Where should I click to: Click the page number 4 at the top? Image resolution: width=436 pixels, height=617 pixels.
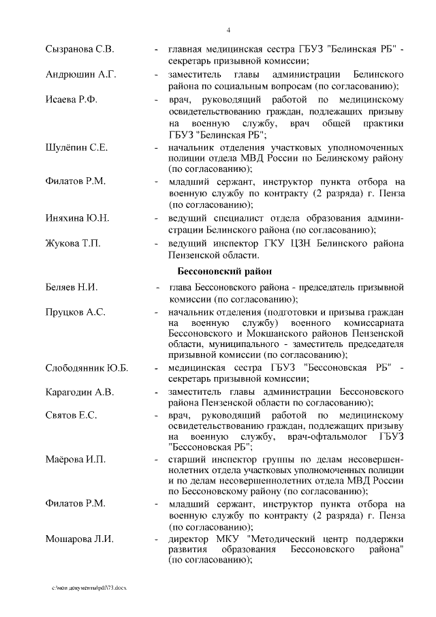[229, 30]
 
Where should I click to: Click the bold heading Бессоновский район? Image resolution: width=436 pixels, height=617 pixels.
[215, 272]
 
